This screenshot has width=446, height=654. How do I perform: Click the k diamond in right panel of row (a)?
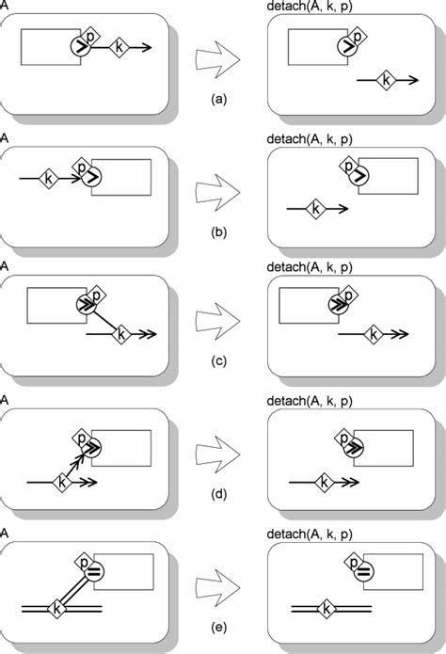[x=385, y=83]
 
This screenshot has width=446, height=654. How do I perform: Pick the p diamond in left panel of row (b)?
[x=84, y=166]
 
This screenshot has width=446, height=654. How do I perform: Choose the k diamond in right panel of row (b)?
[x=316, y=208]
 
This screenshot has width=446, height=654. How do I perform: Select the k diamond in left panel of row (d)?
[x=62, y=482]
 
